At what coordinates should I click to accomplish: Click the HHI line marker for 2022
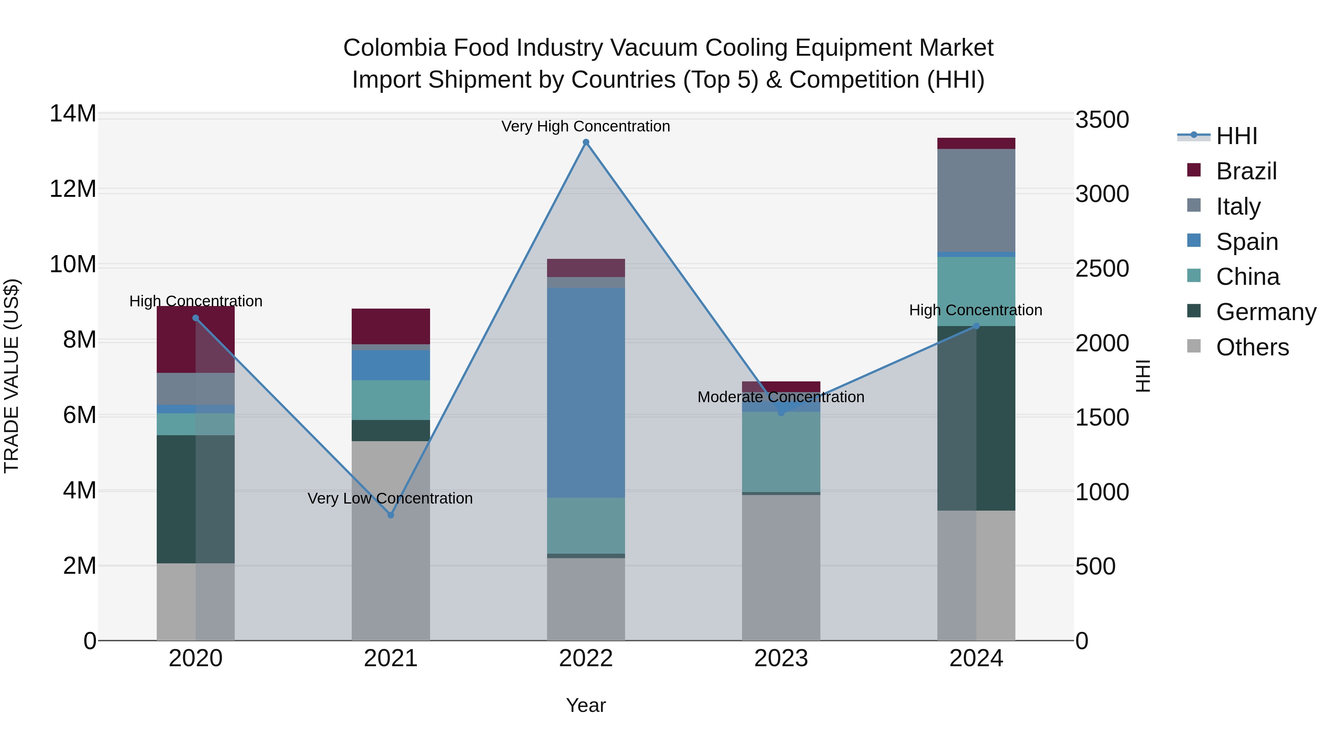(x=586, y=142)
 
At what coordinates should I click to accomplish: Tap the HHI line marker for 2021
(x=391, y=515)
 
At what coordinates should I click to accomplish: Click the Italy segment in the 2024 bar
(x=976, y=200)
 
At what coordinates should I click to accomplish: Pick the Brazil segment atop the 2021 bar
(x=391, y=326)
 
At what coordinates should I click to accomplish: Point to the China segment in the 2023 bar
(x=781, y=452)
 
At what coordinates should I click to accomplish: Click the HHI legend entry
(x=1236, y=136)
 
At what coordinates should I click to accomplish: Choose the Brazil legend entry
(x=1246, y=171)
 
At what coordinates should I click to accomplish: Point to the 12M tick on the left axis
(x=73, y=189)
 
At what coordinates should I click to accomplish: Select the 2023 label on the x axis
(x=781, y=658)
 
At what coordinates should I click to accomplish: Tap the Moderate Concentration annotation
(x=781, y=397)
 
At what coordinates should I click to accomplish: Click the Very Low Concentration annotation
(x=390, y=498)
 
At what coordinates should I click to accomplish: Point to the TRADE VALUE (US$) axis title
(x=12, y=376)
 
